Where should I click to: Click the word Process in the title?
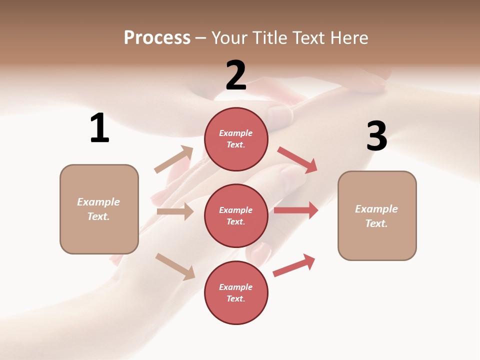click(x=157, y=37)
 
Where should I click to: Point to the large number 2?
click(x=236, y=75)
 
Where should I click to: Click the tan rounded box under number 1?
click(x=99, y=208)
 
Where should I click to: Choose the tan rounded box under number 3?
click(x=377, y=215)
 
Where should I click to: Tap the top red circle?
click(x=236, y=139)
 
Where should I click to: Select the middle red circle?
click(x=236, y=215)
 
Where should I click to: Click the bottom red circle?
click(x=236, y=292)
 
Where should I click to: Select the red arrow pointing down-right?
click(x=297, y=160)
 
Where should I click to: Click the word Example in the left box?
click(x=98, y=202)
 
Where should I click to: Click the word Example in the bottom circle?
click(x=236, y=287)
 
